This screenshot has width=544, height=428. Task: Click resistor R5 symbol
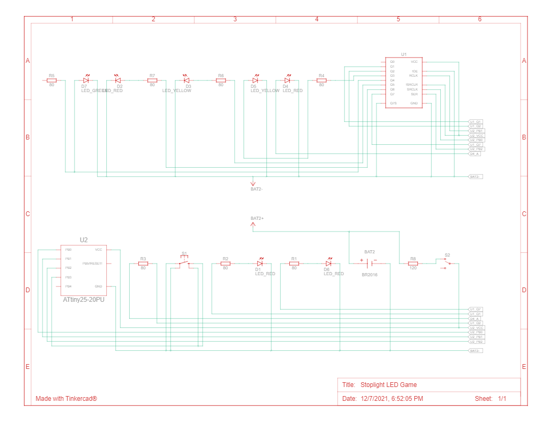click(52, 81)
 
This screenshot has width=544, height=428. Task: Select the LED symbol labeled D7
click(86, 81)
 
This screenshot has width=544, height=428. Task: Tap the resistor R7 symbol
click(152, 81)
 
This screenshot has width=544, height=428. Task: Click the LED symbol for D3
click(186, 81)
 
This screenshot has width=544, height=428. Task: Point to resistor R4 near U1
click(321, 81)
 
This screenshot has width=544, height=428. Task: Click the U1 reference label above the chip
click(404, 54)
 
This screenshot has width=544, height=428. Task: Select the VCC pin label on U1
click(414, 62)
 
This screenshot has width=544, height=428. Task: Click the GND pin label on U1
click(414, 103)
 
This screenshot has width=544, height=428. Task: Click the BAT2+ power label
click(257, 218)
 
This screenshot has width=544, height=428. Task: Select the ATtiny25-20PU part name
click(83, 300)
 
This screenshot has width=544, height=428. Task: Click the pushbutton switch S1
click(184, 262)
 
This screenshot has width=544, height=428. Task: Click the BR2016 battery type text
click(369, 275)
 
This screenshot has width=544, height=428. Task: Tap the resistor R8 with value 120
click(413, 264)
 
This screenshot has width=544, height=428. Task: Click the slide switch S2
click(447, 264)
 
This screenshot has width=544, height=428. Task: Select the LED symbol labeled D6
click(328, 264)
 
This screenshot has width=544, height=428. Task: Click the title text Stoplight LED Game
click(388, 385)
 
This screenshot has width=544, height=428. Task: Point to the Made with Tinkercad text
click(66, 398)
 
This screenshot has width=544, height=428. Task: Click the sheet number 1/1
click(502, 398)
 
